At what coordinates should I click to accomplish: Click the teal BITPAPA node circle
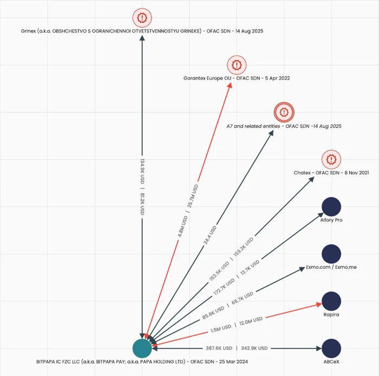coord(142,348)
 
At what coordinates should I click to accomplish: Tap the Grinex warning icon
coord(142,18)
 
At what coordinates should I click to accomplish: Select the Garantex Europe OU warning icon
coord(237,65)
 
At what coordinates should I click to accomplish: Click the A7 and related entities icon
coord(284,112)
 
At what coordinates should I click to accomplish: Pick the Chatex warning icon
coord(331,160)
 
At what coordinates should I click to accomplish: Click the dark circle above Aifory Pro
coord(331,207)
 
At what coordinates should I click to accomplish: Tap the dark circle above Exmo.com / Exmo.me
coord(331,254)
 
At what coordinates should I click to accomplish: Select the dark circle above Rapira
coord(331,301)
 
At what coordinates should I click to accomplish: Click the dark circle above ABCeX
coord(331,348)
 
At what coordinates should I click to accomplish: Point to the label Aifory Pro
coord(331,220)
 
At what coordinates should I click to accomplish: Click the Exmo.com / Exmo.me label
coord(331,267)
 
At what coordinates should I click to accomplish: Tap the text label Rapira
coord(331,314)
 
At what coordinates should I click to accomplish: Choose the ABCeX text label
coord(331,361)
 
